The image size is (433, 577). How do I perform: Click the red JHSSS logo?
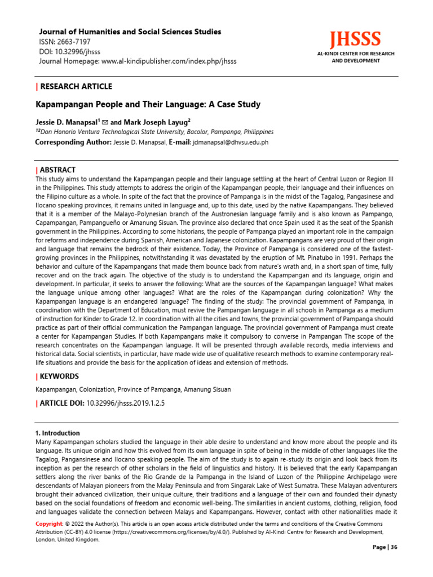click(x=355, y=39)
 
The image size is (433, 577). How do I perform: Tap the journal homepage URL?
click(x=169, y=61)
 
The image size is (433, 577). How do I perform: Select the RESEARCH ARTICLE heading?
click(x=76, y=86)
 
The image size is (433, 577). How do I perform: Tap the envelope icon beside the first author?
click(x=105, y=122)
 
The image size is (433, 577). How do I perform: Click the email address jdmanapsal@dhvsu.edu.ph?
click(x=231, y=142)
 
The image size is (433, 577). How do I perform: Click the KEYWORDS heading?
click(x=59, y=376)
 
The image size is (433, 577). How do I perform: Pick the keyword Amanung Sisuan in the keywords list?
click(x=205, y=389)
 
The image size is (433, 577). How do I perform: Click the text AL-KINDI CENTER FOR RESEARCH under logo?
click(x=355, y=54)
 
